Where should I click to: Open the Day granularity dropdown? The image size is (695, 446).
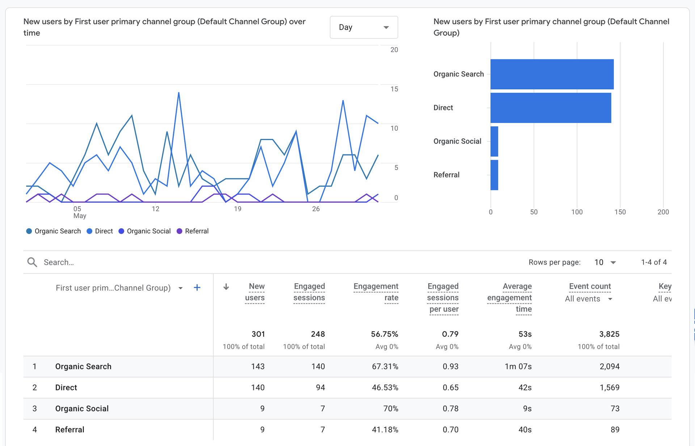tap(363, 27)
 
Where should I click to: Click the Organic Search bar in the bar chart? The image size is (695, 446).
tap(552, 74)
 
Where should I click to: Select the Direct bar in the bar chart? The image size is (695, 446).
tap(550, 108)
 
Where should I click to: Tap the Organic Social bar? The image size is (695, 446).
tap(494, 141)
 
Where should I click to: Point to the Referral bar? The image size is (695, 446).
tap(494, 175)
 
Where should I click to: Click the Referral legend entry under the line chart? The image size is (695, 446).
tap(193, 231)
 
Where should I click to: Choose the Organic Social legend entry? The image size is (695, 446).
tap(145, 231)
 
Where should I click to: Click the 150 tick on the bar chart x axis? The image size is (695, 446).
tap(620, 212)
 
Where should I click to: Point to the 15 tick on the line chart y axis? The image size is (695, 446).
tap(394, 89)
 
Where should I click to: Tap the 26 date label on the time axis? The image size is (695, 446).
tap(316, 209)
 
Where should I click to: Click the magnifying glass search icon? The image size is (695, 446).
tap(32, 262)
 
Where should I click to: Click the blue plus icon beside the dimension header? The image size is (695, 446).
tap(197, 288)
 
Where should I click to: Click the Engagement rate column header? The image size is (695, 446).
tap(376, 292)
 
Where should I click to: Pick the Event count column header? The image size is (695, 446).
tap(590, 286)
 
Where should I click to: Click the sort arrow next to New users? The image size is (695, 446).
tap(226, 287)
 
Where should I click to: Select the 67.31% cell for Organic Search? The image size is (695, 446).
tap(385, 366)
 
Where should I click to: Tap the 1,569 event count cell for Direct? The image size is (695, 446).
tap(609, 387)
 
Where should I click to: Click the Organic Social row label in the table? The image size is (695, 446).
tap(82, 408)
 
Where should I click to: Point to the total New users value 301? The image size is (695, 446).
tap(258, 334)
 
